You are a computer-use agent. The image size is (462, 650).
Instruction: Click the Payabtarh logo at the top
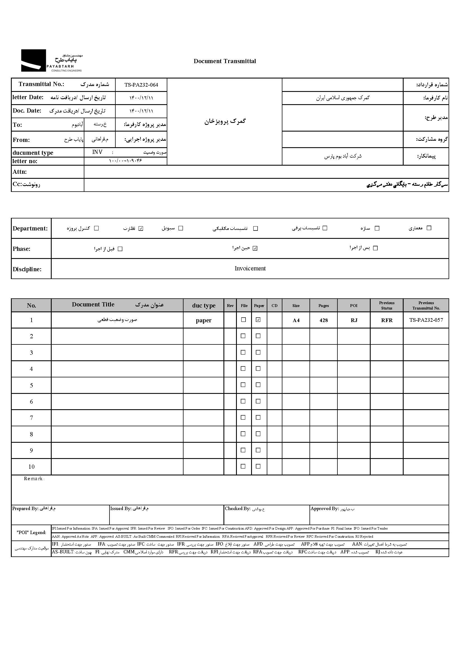pos(51,61)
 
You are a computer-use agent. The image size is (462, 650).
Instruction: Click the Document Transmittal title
pos(225,61)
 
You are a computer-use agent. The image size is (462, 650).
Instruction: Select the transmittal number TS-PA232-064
pos(141,85)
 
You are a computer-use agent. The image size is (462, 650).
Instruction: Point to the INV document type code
pos(97,152)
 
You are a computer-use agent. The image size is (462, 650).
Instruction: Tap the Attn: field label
pos(20,172)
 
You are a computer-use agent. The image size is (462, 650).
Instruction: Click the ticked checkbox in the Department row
pos(141,228)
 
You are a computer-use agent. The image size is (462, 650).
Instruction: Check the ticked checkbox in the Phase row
pos(255,248)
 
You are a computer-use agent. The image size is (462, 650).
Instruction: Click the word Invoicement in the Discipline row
pos(250,268)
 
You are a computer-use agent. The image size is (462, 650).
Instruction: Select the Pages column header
pos(323,306)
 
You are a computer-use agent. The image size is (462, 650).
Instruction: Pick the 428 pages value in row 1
pos(323,320)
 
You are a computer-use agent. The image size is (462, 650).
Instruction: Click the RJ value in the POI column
pos(354,320)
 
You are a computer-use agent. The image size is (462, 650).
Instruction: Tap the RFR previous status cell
pos(387,320)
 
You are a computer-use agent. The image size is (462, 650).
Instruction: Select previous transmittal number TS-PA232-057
pos(426,320)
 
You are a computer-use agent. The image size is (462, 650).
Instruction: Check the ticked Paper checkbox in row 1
pos(258,320)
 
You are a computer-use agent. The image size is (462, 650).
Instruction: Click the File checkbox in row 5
pos(243,385)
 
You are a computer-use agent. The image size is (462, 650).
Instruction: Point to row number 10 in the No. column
pos(31,467)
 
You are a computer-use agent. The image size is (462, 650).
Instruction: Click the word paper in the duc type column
pos(203,320)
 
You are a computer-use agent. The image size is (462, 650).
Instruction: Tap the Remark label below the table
pos(33,479)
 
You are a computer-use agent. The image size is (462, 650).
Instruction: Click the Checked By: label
pos(237,509)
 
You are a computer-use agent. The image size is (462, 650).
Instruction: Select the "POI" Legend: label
pos(31,532)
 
